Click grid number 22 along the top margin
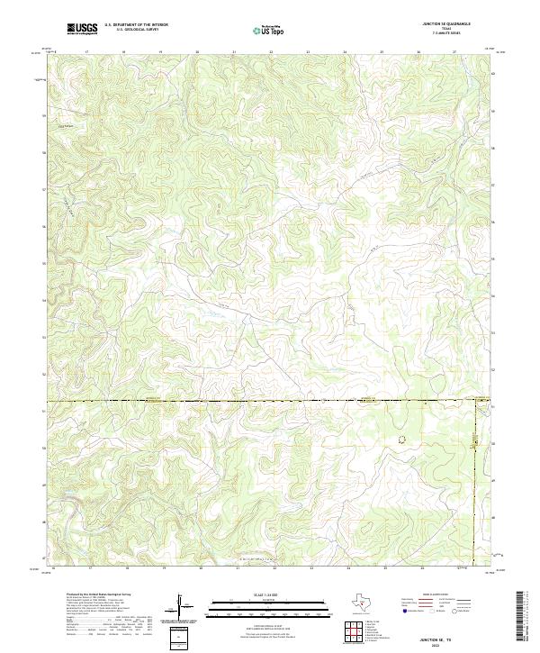271,52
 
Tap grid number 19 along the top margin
160,52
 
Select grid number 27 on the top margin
454,52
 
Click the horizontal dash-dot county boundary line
225,401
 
